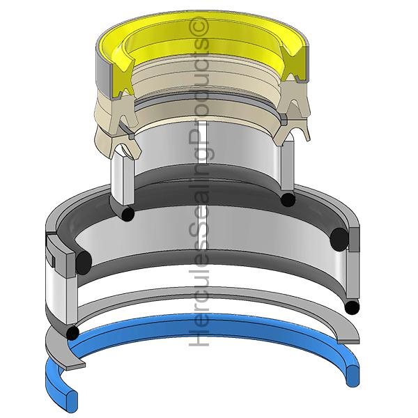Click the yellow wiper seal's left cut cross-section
point(122,77)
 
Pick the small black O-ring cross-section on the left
point(127,213)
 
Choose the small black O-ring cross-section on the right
point(288,199)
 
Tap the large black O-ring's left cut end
point(84,263)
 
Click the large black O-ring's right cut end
point(339,240)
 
